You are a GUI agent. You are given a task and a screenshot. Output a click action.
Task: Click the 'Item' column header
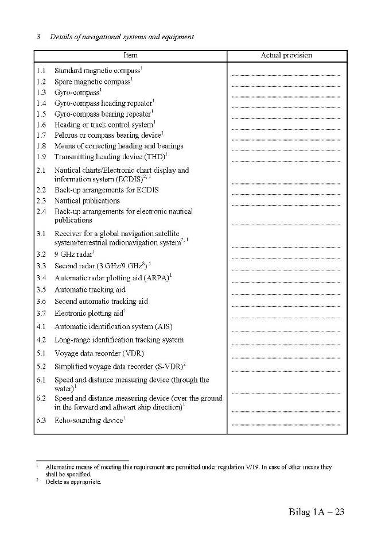click(x=130, y=56)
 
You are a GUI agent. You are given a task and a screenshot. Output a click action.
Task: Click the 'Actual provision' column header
click(x=286, y=56)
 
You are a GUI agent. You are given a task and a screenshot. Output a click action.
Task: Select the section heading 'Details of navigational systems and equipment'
click(x=122, y=37)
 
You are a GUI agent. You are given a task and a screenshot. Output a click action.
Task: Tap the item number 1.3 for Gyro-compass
click(x=41, y=92)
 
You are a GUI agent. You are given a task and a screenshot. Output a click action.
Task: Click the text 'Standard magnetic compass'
click(x=97, y=71)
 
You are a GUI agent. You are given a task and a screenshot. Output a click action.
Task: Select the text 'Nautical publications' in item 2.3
click(x=87, y=201)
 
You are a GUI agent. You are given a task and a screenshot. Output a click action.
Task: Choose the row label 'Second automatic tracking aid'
click(x=101, y=302)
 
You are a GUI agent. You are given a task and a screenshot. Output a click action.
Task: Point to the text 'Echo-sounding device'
click(x=88, y=421)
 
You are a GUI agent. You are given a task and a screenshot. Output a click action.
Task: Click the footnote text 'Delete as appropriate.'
click(x=73, y=482)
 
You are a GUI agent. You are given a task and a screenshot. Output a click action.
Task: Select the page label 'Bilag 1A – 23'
click(x=316, y=512)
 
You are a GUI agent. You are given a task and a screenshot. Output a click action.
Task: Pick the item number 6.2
click(x=41, y=398)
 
